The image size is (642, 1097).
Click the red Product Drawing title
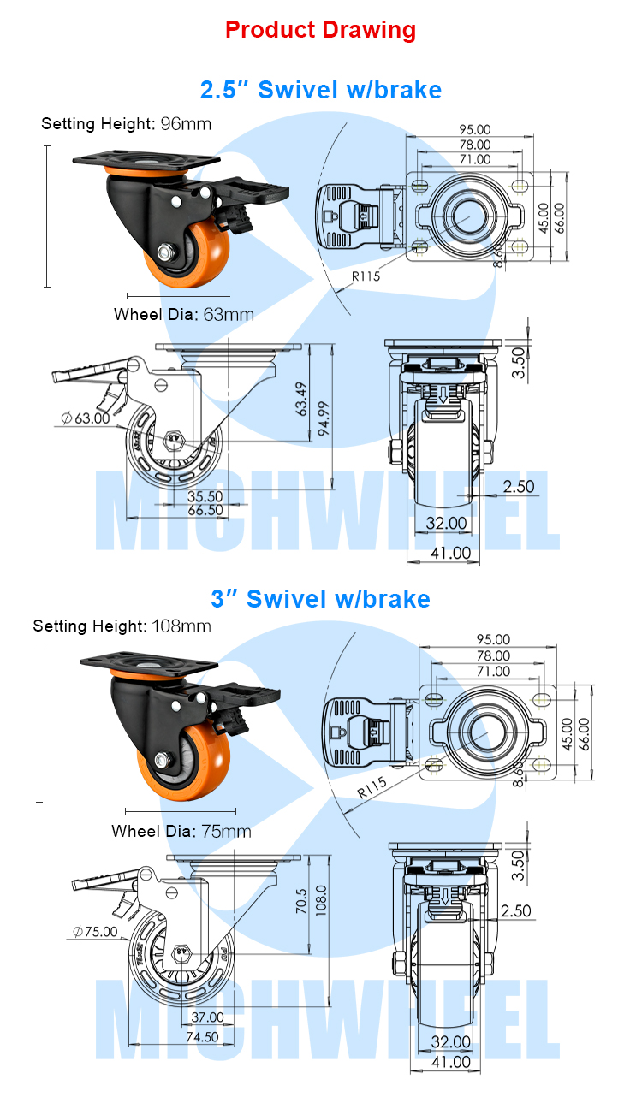point(320,30)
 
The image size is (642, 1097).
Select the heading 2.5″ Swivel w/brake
point(320,89)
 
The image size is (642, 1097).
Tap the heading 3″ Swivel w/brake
point(320,598)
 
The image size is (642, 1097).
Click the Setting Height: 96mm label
point(126,123)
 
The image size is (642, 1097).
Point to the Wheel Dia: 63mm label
point(184,314)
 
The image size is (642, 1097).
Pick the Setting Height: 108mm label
point(122,626)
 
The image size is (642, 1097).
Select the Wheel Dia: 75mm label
point(181,831)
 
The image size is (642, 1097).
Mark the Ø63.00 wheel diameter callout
point(86,418)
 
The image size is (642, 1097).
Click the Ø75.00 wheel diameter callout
point(95,931)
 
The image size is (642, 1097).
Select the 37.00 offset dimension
point(206,1017)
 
